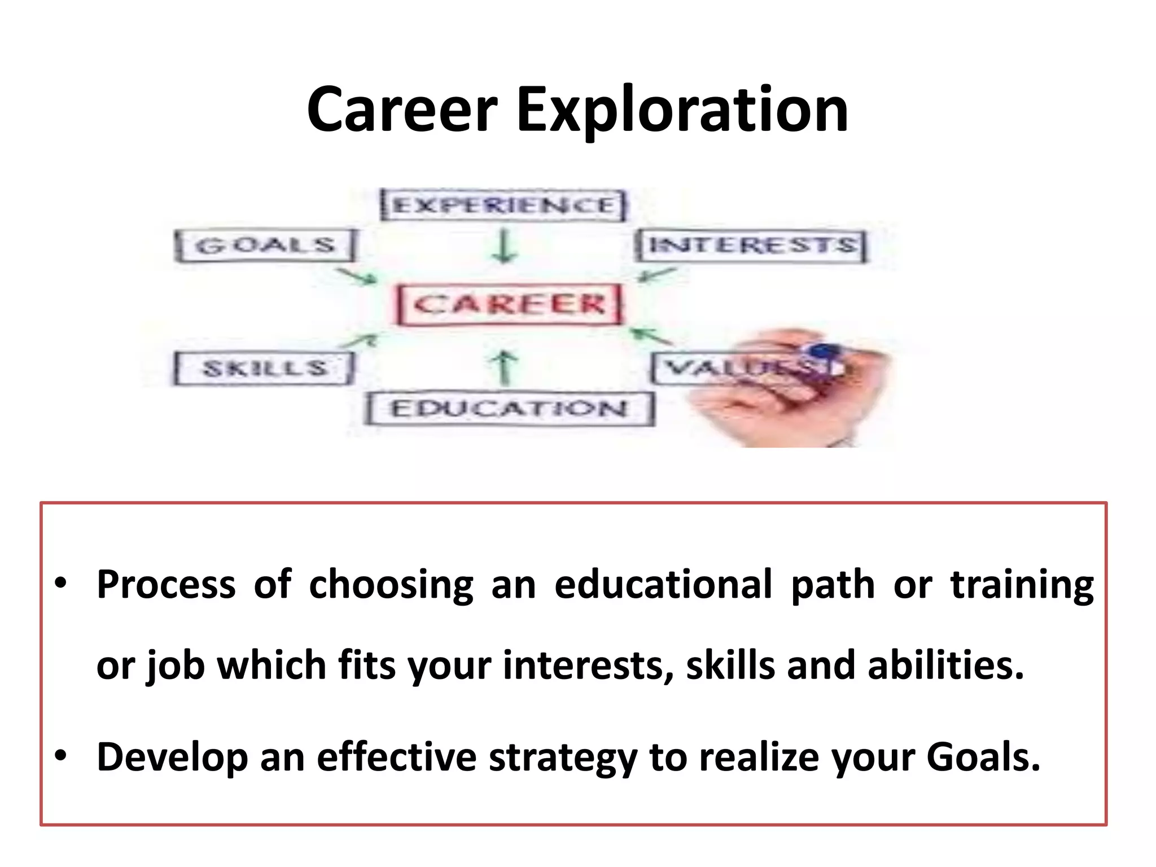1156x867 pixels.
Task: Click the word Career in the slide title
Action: [402, 110]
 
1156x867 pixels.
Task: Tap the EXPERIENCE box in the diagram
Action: [503, 205]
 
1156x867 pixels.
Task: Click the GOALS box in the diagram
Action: [265, 246]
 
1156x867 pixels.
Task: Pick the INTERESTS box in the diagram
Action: [751, 246]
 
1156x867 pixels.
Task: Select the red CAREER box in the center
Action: [509, 305]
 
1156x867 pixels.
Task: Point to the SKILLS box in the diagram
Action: [264, 369]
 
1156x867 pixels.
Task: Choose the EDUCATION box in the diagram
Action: [509, 408]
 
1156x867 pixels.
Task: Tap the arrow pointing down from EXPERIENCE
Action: [503, 246]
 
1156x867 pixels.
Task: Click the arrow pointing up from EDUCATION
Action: [505, 367]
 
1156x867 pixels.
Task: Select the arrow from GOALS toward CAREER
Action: [357, 276]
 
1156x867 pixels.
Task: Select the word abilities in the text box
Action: [945, 665]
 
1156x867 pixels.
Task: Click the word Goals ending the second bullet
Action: [983, 757]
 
